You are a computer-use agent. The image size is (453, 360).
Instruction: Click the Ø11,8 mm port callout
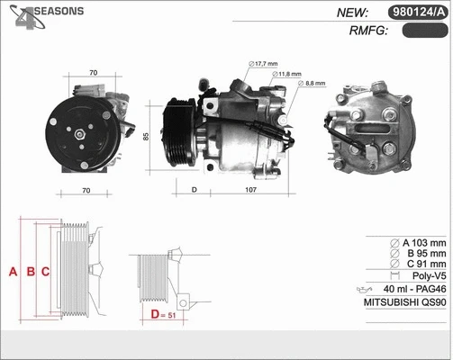288,73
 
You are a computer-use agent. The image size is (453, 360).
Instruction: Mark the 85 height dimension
146,137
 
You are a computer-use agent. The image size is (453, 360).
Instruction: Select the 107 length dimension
251,190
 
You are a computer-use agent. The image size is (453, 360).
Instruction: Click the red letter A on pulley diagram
13,272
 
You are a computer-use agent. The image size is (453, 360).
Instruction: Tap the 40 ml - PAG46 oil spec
414,290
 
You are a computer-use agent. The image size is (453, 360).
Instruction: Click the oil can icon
365,290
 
